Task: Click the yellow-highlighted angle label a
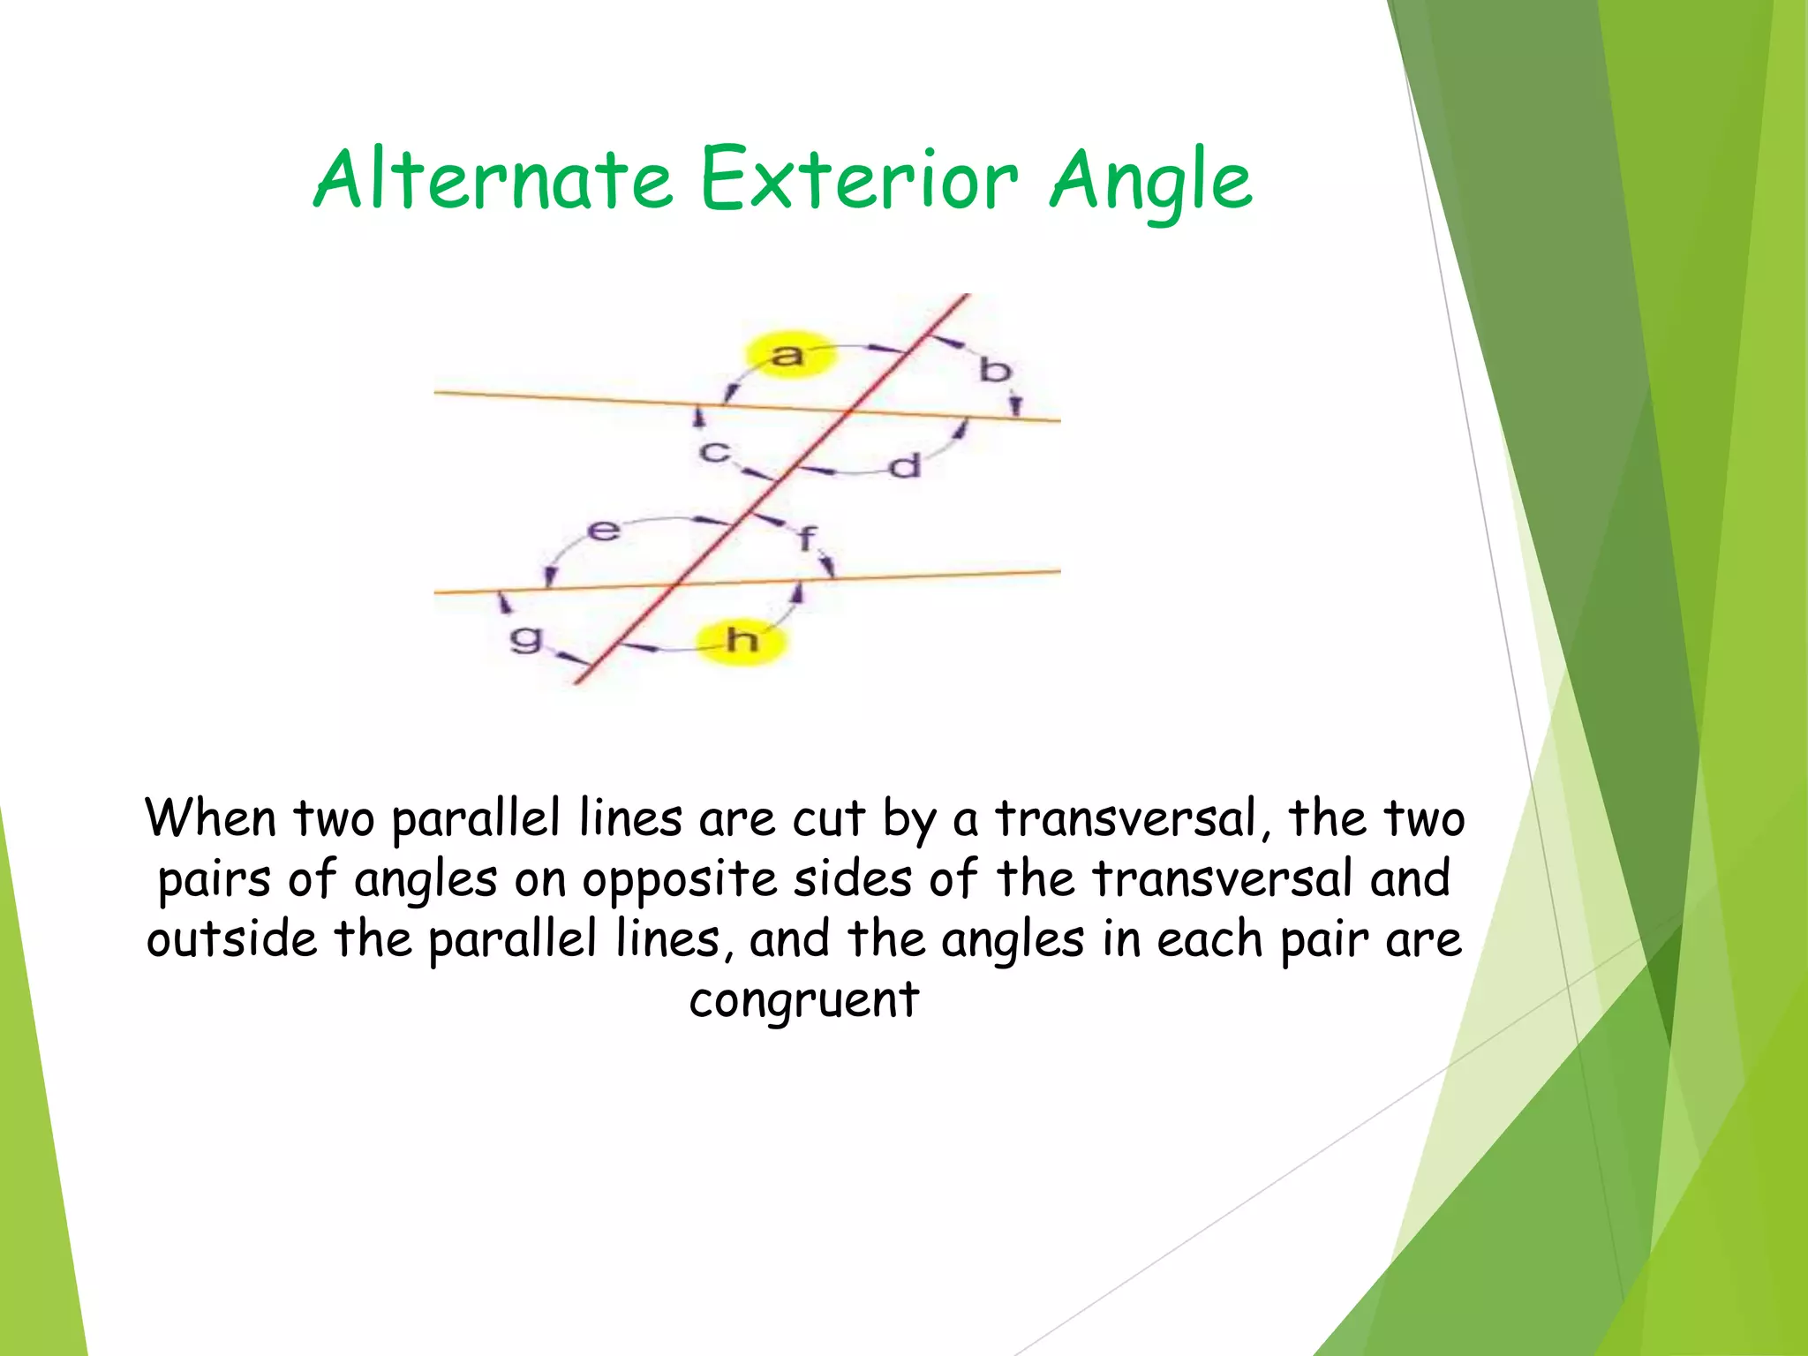[x=787, y=355]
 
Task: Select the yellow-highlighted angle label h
[x=742, y=639]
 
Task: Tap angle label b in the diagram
[x=994, y=370]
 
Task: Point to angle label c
[x=714, y=452]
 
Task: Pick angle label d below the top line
[x=905, y=465]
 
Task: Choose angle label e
[x=604, y=531]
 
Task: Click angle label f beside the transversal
[x=807, y=537]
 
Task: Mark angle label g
[x=526, y=637]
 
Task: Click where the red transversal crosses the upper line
[x=849, y=411]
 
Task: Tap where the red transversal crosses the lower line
[x=678, y=584]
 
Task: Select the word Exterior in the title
[x=858, y=180]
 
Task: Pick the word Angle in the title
[x=1150, y=182]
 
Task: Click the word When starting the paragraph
[x=211, y=818]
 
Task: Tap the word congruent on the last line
[x=803, y=1000]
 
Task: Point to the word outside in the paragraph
[x=231, y=938]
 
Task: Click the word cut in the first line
[x=827, y=819]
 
